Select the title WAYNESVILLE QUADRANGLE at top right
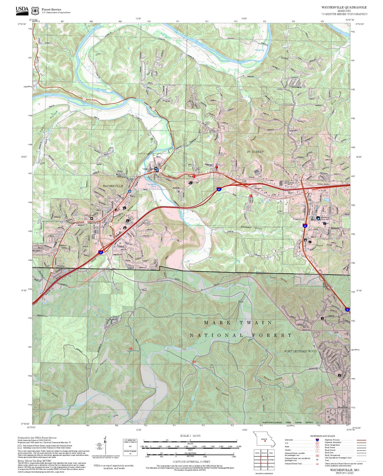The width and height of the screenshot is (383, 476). pos(344,7)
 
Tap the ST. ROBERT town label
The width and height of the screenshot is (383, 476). pos(255,152)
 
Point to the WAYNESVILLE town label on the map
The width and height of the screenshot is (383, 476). pos(113,186)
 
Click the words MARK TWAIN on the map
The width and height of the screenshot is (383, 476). pos(238,323)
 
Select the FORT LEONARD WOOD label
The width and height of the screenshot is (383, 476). pos(300,351)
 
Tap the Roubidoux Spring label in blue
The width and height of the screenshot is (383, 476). pos(152,186)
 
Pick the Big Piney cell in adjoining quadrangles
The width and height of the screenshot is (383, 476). pos(271,466)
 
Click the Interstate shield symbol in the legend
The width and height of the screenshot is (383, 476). pos(317,440)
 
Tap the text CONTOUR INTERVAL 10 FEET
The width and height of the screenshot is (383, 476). pos(191,462)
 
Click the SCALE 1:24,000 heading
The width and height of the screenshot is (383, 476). pos(190,436)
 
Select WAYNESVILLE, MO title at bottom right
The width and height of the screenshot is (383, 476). pos(345,470)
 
